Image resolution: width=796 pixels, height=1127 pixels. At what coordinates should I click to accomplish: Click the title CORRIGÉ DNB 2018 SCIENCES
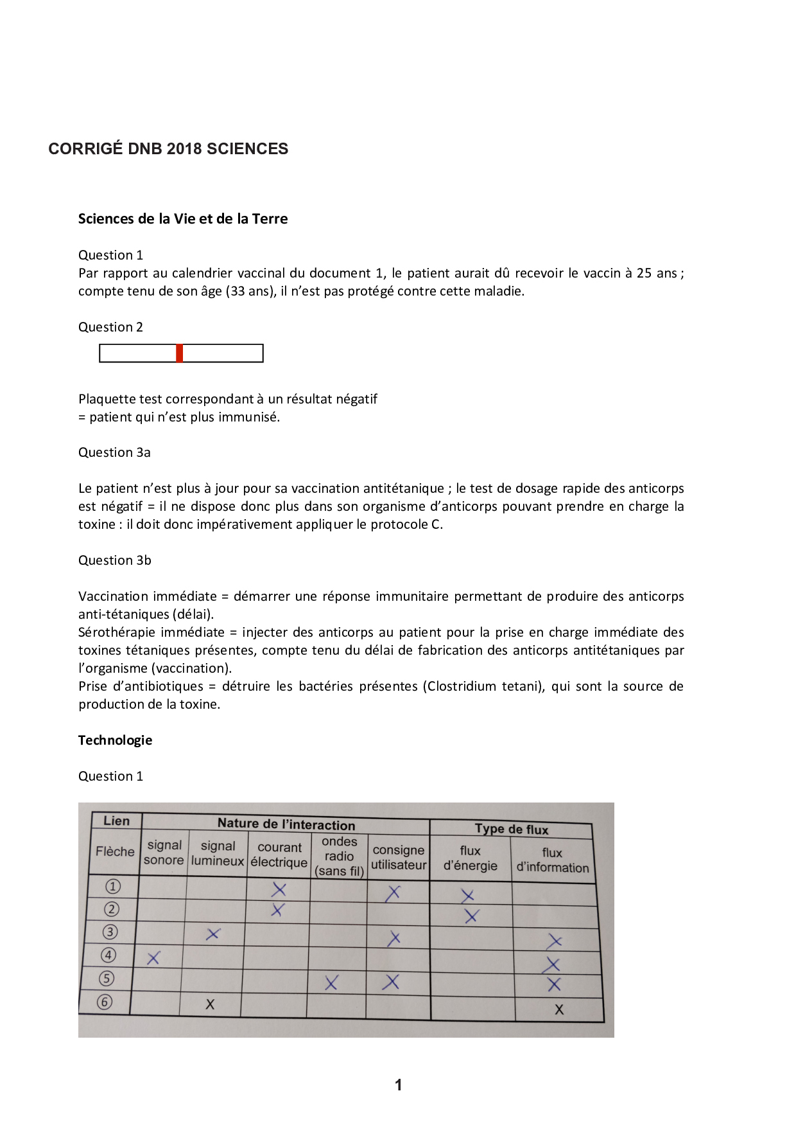168,149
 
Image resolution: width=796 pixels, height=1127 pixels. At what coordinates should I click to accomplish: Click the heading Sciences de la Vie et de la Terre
183,219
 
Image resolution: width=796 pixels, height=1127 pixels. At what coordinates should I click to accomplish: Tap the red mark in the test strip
180,353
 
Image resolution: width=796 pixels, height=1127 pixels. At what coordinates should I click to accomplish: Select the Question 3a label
114,452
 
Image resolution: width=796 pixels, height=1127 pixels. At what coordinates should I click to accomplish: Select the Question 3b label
114,560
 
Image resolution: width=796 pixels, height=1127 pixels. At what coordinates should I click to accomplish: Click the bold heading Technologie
116,740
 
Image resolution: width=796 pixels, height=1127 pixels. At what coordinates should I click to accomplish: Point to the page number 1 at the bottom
398,1085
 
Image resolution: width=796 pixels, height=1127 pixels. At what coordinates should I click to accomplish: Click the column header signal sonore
164,853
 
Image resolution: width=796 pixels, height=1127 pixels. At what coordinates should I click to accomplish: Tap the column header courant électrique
279,855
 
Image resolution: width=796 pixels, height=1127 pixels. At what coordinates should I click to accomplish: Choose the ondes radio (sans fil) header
339,856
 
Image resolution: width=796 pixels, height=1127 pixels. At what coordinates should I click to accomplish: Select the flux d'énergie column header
471,858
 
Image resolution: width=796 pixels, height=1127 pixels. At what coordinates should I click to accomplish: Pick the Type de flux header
512,830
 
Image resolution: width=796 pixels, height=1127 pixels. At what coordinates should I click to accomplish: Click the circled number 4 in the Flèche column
108,955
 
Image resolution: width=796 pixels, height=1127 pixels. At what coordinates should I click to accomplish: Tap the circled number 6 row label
105,1002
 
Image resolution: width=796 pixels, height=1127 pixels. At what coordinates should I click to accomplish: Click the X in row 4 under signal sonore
153,959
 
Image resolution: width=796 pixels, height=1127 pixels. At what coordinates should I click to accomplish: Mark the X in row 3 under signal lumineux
213,934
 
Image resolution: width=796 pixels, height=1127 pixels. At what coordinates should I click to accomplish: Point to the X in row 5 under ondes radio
331,982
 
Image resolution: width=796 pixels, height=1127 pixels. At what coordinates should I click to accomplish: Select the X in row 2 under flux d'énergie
471,916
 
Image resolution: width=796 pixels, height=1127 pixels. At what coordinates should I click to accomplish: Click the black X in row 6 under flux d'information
559,1009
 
